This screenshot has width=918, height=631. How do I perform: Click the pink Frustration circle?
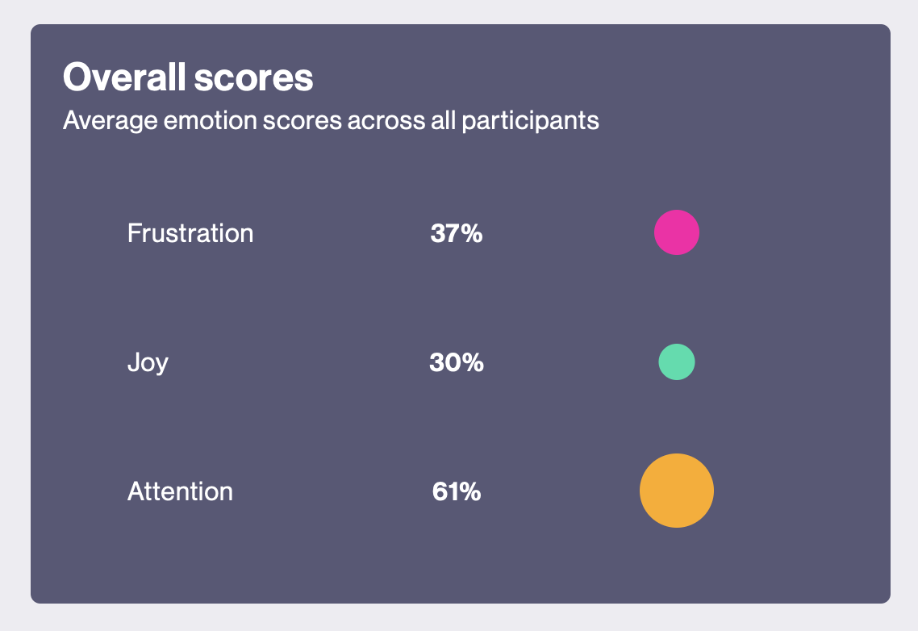tap(677, 232)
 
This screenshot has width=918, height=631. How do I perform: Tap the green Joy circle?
tap(677, 362)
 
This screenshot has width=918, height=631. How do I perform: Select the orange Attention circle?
tap(677, 491)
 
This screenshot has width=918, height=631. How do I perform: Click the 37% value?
tap(457, 233)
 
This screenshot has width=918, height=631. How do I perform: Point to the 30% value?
tap(457, 362)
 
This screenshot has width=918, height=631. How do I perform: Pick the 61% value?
tap(457, 491)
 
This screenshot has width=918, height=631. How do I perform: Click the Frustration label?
tap(190, 233)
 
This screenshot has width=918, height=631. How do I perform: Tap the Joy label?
tap(148, 363)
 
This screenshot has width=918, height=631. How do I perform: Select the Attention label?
tap(181, 491)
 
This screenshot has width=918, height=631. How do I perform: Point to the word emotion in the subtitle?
tap(211, 121)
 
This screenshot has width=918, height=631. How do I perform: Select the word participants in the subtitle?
tap(531, 121)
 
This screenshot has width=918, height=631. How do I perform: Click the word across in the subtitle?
tap(386, 121)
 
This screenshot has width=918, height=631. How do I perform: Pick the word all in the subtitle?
tap(443, 120)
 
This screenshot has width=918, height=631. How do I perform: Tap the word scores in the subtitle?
tap(302, 121)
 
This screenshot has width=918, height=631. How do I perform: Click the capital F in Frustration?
tap(134, 233)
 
